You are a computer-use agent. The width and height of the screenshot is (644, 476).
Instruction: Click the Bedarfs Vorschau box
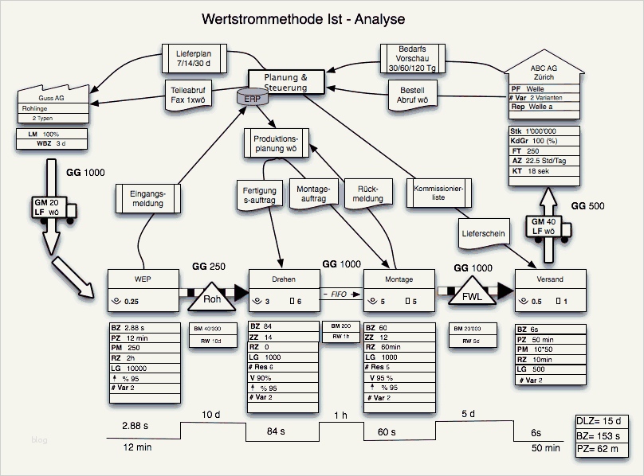click(x=411, y=59)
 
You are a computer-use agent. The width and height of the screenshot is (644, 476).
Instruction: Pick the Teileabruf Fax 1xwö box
click(x=189, y=95)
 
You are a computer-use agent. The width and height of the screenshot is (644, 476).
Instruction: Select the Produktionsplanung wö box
click(x=275, y=143)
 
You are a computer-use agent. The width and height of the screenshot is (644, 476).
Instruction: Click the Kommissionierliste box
click(x=438, y=192)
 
